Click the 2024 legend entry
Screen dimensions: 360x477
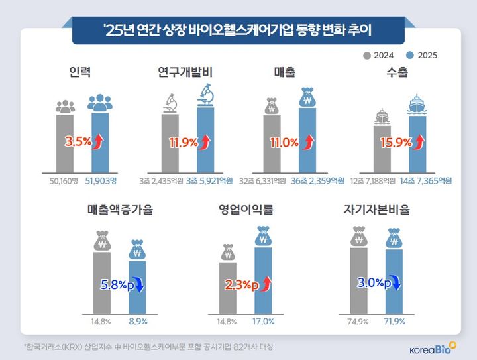[x=380, y=56]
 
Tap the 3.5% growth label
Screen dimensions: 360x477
[x=78, y=141]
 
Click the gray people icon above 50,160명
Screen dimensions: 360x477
[x=64, y=106]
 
